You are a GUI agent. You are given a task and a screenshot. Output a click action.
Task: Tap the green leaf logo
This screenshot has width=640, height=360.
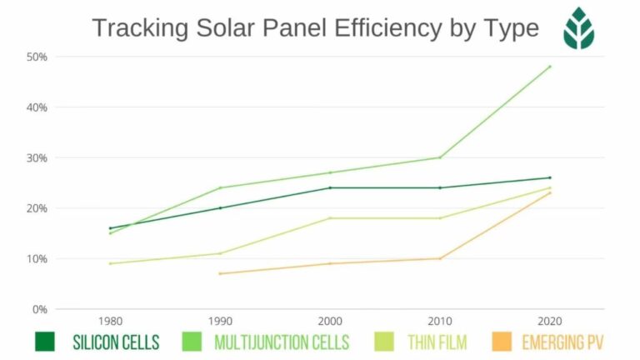(x=578, y=28)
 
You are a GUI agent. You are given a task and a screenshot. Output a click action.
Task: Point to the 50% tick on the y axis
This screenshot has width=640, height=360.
(x=37, y=57)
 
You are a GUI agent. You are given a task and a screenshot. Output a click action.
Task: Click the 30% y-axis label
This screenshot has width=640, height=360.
(x=37, y=157)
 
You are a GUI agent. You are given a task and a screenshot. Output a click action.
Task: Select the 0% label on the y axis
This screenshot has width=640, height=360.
(x=40, y=309)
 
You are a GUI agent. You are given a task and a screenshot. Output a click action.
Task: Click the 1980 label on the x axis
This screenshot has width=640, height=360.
(x=110, y=321)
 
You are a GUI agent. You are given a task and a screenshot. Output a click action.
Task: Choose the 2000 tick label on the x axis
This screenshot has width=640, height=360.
(x=330, y=321)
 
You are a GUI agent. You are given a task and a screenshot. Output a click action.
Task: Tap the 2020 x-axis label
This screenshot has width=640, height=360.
(x=550, y=321)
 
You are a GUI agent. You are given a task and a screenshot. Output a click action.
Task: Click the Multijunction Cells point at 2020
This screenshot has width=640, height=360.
(x=550, y=67)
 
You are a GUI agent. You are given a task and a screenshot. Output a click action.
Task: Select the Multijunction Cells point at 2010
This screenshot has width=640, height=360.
(x=440, y=157)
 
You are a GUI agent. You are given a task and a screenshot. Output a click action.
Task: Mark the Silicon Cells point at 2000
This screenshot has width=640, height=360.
(x=330, y=187)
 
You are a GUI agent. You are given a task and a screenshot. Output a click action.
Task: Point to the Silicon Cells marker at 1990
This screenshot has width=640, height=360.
(x=220, y=207)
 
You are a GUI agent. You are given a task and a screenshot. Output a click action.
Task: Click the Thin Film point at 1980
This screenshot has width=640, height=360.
(x=110, y=263)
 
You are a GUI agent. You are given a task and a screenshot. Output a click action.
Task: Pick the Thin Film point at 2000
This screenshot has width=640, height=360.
(x=330, y=218)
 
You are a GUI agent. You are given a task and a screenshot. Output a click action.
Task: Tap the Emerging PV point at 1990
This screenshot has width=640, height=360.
(x=220, y=273)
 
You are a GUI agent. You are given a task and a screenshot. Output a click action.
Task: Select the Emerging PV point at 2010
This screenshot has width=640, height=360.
(x=440, y=258)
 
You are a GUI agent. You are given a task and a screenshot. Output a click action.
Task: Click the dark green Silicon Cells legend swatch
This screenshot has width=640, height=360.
(x=45, y=342)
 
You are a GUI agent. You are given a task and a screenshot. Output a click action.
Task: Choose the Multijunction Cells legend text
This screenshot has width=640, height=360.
(x=282, y=342)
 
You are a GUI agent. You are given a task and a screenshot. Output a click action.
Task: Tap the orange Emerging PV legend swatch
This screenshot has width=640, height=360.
(x=502, y=342)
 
